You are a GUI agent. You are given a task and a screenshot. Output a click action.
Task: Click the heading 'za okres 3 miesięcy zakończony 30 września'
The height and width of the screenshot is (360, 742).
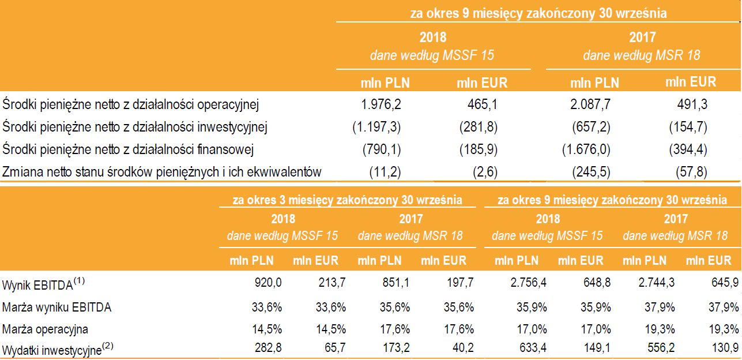pyautogui.click(x=347, y=200)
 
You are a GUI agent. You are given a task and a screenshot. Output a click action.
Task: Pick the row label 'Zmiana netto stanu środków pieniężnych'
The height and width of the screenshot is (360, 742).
pyautogui.click(x=162, y=172)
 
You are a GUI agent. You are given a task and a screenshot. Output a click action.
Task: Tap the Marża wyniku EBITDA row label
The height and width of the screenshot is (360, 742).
pyautogui.click(x=57, y=307)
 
